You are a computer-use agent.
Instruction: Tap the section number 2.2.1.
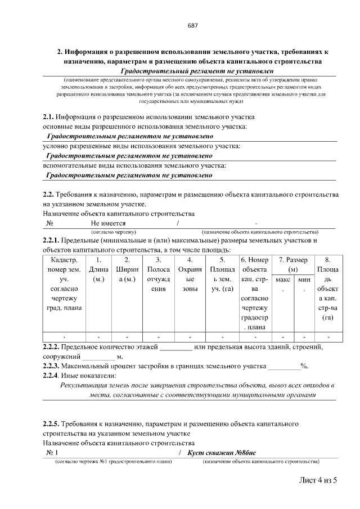point(52,241)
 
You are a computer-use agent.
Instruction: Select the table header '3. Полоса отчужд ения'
point(158,274)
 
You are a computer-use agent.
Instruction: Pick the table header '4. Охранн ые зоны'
point(190,274)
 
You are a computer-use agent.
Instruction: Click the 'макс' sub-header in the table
point(283,279)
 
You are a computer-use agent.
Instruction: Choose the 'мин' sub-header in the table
point(304,279)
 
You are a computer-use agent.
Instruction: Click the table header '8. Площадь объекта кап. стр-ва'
point(327,289)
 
